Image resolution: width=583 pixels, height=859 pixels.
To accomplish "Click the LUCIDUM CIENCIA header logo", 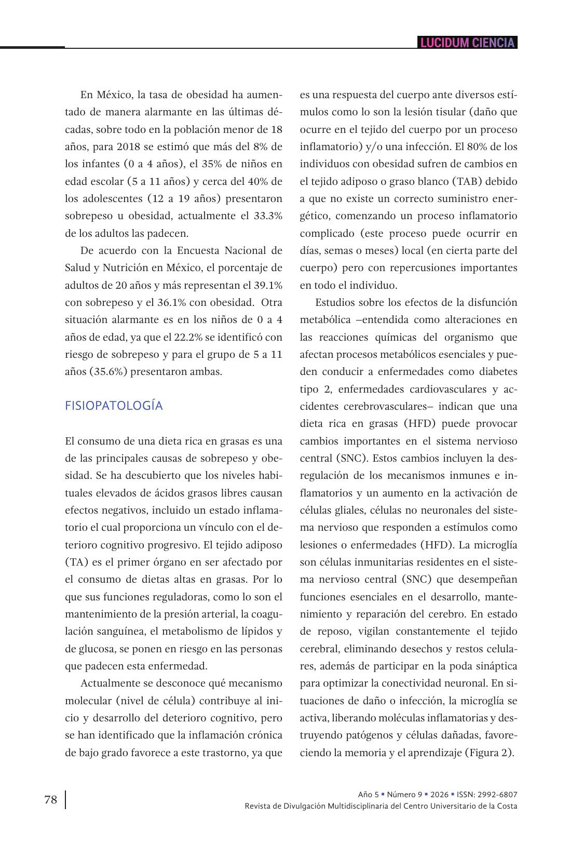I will [467, 43].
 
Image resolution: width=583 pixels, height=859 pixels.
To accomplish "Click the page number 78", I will [51, 800].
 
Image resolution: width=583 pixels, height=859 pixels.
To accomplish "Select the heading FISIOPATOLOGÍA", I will [114, 406].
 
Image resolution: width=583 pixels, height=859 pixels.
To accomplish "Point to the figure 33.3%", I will [268, 216].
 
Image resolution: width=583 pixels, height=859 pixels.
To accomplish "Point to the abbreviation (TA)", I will [76, 562].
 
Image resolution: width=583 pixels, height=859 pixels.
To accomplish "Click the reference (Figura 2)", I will [489, 753].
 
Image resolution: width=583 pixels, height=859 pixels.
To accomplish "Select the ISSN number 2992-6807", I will [498, 795].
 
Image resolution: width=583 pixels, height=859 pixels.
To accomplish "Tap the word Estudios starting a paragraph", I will [335, 302].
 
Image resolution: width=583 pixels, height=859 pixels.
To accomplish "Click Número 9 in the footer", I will [404, 795].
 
